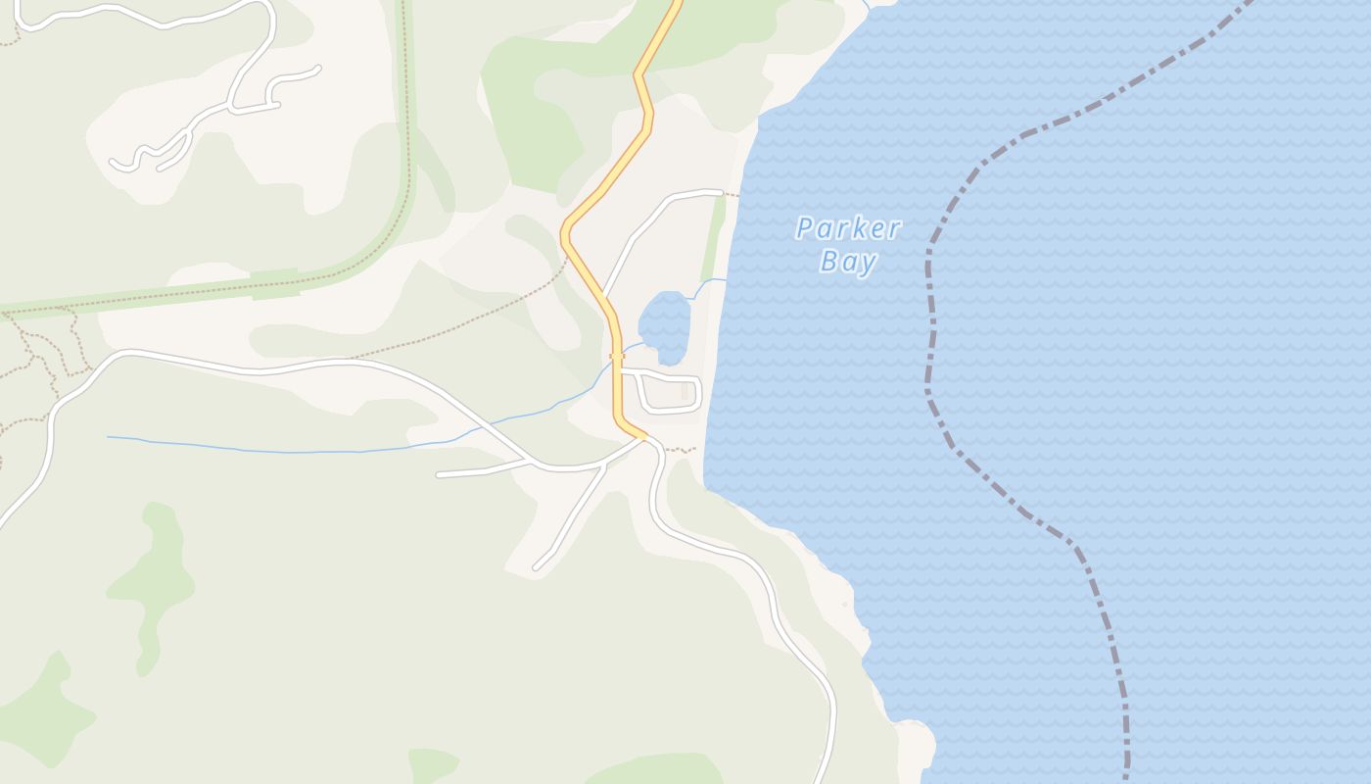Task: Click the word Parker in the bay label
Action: pyautogui.click(x=848, y=229)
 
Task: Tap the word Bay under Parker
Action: pyautogui.click(x=848, y=262)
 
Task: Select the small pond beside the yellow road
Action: pyautogui.click(x=665, y=326)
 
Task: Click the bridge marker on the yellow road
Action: pyautogui.click(x=617, y=356)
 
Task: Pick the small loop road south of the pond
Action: pyautogui.click(x=672, y=393)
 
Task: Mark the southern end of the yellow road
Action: pyautogui.click(x=640, y=436)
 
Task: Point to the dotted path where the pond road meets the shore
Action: pyautogui.click(x=731, y=194)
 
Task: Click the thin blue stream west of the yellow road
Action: pyautogui.click(x=294, y=451)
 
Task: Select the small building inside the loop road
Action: pyautogui.click(x=685, y=391)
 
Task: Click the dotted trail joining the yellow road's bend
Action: pyautogui.click(x=490, y=314)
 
